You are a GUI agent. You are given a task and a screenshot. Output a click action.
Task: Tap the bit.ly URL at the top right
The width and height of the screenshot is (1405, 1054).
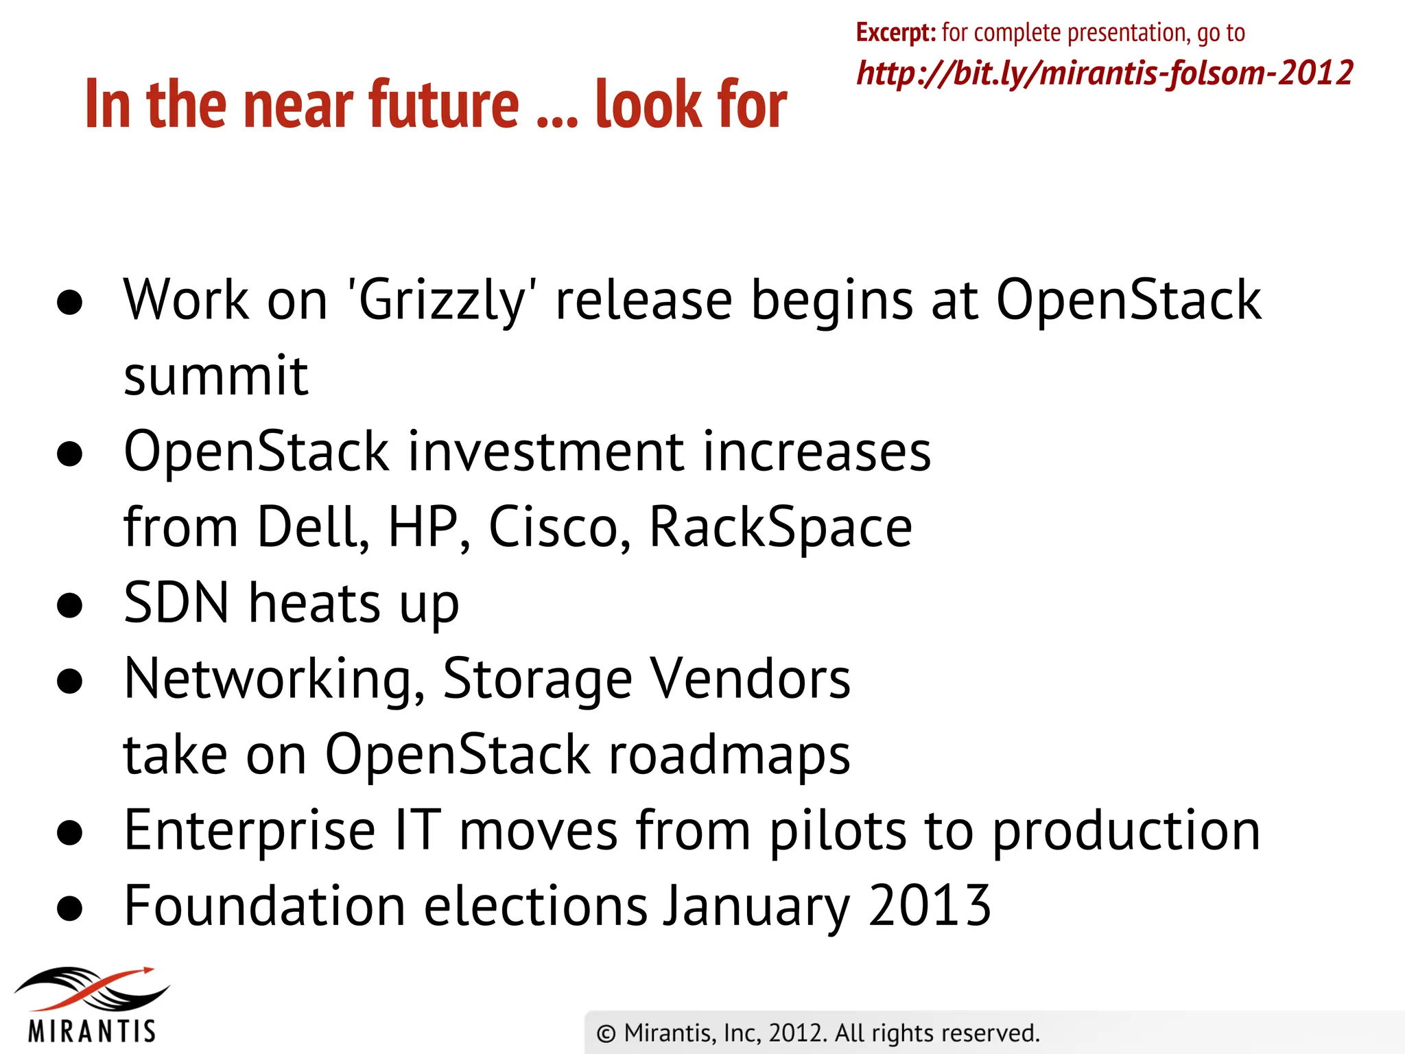(x=1105, y=73)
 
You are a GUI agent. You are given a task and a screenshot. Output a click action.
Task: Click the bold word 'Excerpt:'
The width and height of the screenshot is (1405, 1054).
(x=895, y=33)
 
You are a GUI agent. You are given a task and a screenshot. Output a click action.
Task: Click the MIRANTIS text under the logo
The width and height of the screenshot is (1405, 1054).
(x=93, y=1031)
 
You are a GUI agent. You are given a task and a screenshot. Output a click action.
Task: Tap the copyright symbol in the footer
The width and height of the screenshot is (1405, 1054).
(x=606, y=1034)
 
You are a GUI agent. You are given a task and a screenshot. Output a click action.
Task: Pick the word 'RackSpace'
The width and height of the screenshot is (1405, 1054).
(x=780, y=527)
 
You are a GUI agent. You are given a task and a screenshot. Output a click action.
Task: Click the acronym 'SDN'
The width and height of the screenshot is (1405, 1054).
(x=176, y=602)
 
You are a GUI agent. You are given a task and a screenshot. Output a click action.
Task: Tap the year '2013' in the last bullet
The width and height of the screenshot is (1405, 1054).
(x=929, y=906)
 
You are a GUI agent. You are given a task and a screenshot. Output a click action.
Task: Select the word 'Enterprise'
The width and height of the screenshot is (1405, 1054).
(x=249, y=830)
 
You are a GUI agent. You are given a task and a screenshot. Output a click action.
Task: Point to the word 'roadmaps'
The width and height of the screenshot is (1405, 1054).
(x=729, y=755)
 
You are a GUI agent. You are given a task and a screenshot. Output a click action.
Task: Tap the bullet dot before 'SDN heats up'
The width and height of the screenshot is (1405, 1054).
(x=70, y=605)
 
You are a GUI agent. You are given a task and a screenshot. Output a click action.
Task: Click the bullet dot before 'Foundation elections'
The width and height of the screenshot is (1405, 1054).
(x=70, y=909)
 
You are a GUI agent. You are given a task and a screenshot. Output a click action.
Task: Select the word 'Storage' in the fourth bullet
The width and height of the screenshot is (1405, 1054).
(x=537, y=679)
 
